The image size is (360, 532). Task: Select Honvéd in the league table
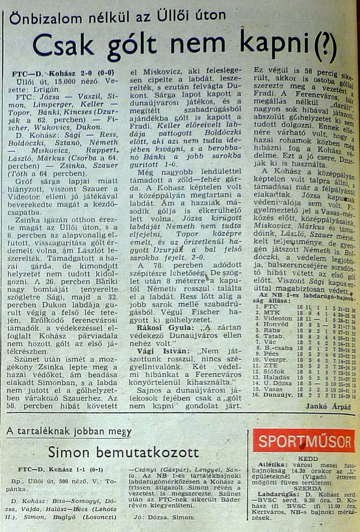point(276,324)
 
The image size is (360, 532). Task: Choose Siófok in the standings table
point(274,371)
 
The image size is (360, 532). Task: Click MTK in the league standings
point(272,312)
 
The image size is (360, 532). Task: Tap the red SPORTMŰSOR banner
point(304,441)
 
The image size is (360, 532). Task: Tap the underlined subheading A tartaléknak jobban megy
point(69,431)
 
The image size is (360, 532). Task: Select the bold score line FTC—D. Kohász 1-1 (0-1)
point(60,470)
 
